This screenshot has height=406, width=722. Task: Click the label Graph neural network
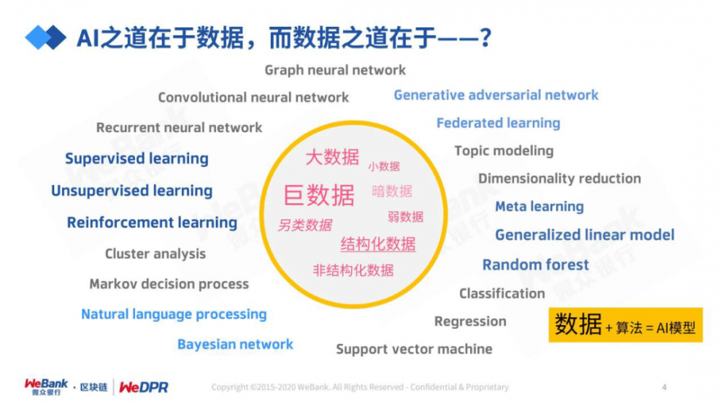[x=335, y=70]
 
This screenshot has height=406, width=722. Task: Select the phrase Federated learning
[x=498, y=123]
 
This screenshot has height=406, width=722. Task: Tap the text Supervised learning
[x=136, y=159]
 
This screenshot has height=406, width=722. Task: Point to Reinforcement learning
[x=152, y=223]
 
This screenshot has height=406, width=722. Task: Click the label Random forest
[x=536, y=265]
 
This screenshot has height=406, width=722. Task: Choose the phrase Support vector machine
[x=414, y=350]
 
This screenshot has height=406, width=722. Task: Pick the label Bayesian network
[x=235, y=345]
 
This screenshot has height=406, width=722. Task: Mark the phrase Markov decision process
[x=169, y=284]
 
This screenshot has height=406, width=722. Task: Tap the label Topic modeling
[x=504, y=151]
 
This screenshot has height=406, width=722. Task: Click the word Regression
[x=470, y=321]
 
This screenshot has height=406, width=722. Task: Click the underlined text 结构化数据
[x=378, y=244]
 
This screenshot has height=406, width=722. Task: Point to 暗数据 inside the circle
[x=392, y=191]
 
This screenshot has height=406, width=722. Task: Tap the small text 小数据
[x=383, y=166]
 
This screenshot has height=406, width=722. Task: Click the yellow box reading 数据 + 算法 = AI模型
[x=625, y=326]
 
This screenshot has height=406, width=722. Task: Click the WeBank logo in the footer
[x=46, y=386]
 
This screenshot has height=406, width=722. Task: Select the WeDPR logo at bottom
[x=144, y=387]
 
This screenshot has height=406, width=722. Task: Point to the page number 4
[x=664, y=387]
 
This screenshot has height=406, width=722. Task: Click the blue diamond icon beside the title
[x=45, y=38]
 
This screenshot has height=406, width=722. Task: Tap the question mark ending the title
[x=486, y=38]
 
